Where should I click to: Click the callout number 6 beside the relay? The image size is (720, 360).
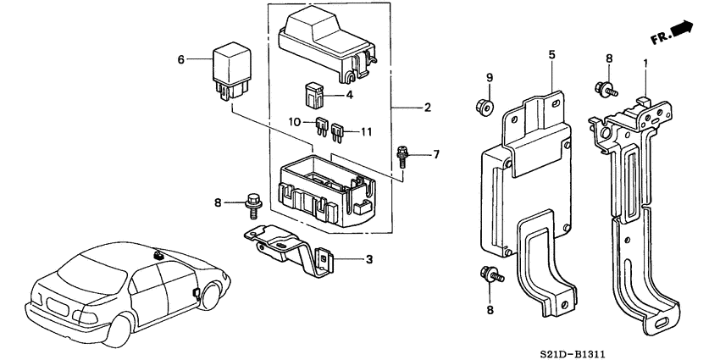click(180, 59)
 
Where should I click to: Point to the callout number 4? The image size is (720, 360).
click(350, 95)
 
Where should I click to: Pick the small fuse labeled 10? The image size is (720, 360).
click(322, 128)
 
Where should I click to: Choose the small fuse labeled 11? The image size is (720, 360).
click(340, 132)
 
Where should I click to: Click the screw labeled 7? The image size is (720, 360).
click(403, 158)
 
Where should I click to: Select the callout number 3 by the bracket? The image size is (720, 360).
click(368, 258)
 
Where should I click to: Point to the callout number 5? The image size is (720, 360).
click(551, 55)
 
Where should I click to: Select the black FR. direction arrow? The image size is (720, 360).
click(680, 30)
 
